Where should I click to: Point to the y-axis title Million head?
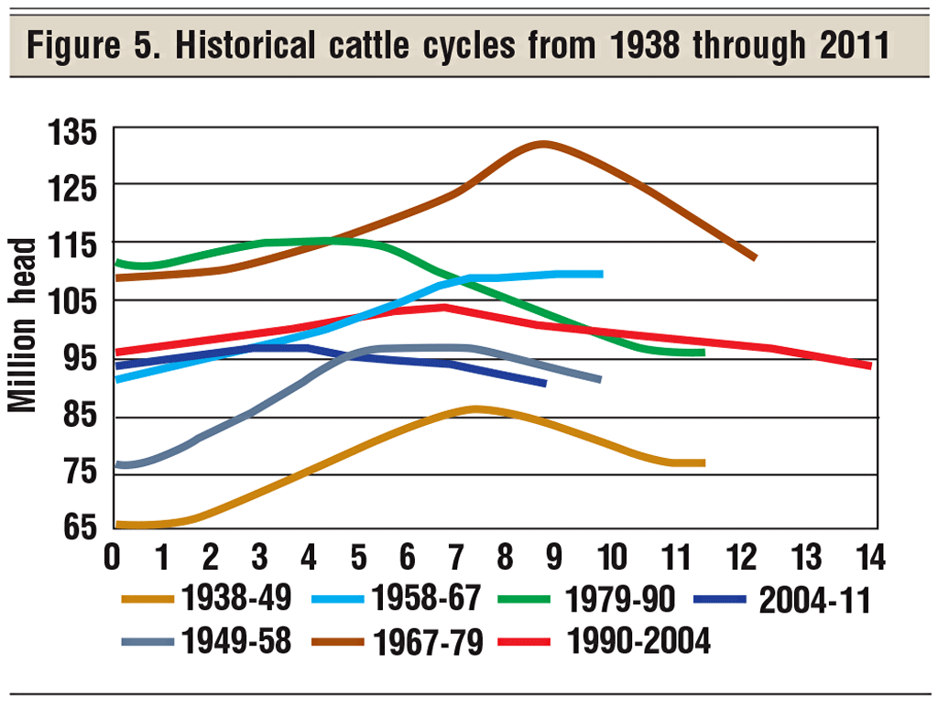(x=25, y=325)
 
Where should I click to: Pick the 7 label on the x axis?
(x=455, y=556)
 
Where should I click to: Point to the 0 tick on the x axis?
(x=114, y=556)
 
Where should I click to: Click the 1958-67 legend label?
(x=426, y=600)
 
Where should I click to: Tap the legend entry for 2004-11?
(x=814, y=602)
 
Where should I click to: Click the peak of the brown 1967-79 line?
(x=544, y=144)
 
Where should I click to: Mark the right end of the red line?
(x=868, y=365)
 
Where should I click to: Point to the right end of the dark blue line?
(x=545, y=383)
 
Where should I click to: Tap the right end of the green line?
(x=703, y=353)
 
